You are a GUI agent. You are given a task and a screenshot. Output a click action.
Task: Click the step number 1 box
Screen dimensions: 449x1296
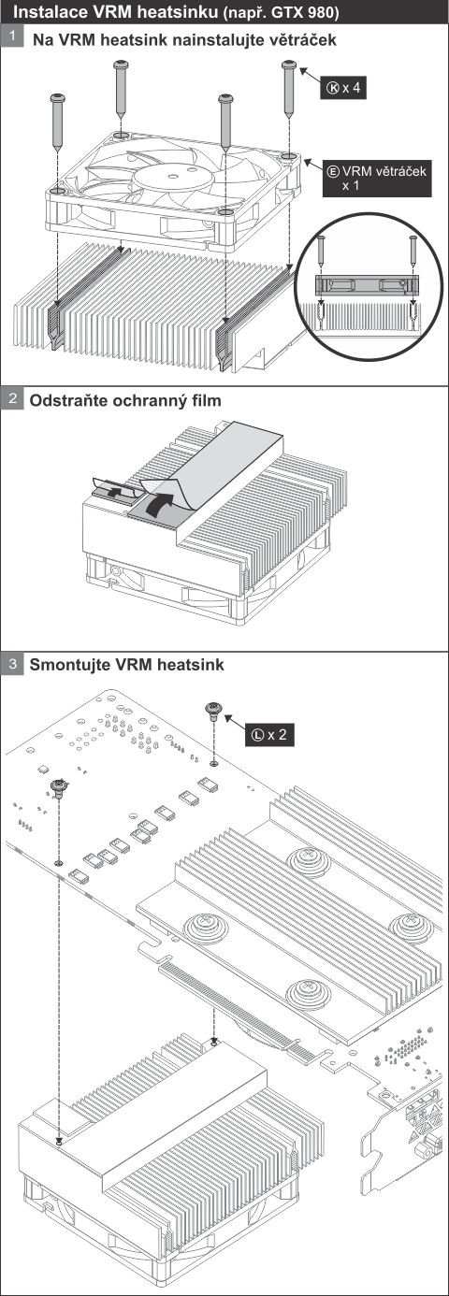coord(11,37)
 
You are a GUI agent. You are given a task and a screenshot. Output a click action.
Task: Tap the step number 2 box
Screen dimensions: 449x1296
coord(11,398)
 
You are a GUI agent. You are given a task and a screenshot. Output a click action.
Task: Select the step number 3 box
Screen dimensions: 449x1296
coord(11,662)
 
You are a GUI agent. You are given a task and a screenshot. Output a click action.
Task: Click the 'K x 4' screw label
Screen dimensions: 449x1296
coord(343,88)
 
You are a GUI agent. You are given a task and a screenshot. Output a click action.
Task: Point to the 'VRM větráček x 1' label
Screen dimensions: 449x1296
coord(377,178)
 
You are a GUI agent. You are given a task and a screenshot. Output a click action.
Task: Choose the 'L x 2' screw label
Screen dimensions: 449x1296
coord(269,734)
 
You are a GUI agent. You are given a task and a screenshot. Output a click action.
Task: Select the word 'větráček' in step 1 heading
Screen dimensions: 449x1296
coord(303,39)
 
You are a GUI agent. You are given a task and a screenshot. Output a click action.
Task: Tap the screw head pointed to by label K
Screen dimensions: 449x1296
coord(289,65)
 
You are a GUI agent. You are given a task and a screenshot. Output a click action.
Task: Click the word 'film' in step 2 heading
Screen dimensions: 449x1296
coord(206,400)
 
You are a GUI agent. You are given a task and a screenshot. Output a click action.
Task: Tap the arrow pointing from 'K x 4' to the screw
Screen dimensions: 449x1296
coord(310,77)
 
